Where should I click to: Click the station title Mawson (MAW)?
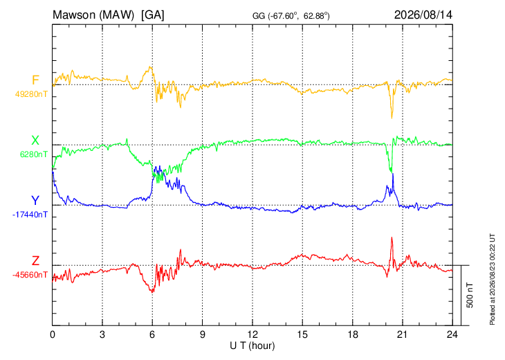93,15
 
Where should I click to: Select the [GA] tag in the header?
153,15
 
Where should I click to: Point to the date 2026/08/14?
423,15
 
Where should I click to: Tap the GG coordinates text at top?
291,16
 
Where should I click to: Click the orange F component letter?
35,80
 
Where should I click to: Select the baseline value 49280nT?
31,94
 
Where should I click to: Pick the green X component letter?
35,141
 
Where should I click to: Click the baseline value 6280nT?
33,154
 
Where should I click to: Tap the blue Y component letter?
35,201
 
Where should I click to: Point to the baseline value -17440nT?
30,215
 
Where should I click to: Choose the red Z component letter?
35,260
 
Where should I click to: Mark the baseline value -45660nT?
30,275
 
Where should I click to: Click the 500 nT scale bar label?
470,295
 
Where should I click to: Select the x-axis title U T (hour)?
252,346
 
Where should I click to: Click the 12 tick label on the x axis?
252,334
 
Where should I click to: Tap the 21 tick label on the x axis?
402,334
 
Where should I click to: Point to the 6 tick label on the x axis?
152,334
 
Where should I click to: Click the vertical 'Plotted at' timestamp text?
492,279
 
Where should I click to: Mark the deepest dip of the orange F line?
392,118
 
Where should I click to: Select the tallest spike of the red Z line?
392,238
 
